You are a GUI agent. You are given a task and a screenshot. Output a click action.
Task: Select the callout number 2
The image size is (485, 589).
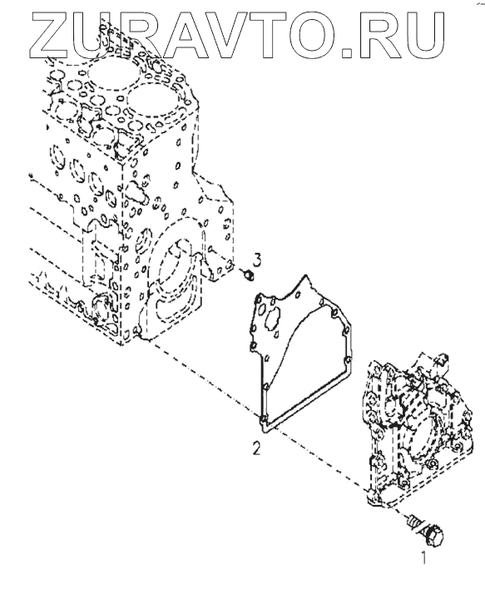256,448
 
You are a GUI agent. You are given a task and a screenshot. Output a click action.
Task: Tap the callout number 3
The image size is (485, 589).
256,260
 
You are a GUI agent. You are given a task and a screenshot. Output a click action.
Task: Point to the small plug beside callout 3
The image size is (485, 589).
248,276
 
